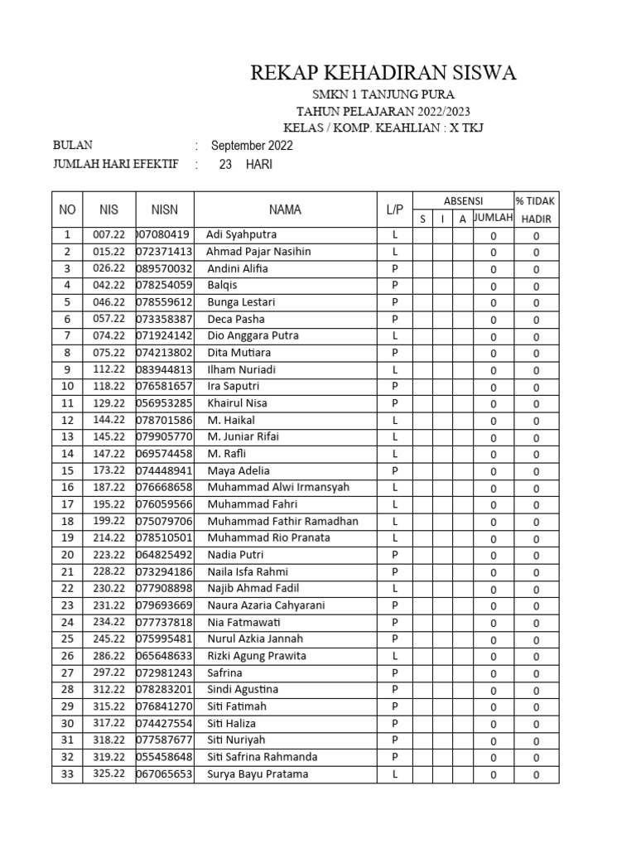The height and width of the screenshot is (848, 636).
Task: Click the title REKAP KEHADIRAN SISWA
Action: click(383, 74)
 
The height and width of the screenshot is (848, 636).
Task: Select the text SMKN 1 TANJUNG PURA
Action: click(383, 95)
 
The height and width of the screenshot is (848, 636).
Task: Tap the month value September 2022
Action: click(252, 146)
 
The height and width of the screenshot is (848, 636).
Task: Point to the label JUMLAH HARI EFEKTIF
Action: click(115, 164)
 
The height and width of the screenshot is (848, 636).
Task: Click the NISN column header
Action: click(164, 210)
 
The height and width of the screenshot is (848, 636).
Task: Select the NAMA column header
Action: click(285, 210)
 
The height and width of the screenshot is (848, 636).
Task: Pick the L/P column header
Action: click(395, 210)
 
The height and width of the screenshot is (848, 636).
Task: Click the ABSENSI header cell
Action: click(463, 201)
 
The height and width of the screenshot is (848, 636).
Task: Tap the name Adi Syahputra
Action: click(241, 234)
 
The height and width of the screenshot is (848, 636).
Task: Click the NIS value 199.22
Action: click(108, 521)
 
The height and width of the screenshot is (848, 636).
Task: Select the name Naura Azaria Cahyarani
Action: click(266, 605)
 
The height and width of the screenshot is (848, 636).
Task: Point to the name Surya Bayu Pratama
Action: click(258, 774)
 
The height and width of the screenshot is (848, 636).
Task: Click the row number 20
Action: click(67, 555)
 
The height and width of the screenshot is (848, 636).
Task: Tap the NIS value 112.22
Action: click(108, 369)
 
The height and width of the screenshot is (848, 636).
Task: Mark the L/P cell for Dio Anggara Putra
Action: click(395, 335)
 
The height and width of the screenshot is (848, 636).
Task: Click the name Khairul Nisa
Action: click(237, 403)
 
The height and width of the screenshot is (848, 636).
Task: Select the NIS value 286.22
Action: click(108, 656)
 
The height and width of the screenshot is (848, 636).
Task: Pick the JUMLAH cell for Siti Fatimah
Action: click(494, 707)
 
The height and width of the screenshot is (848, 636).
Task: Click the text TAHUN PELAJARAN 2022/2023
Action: click(383, 112)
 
